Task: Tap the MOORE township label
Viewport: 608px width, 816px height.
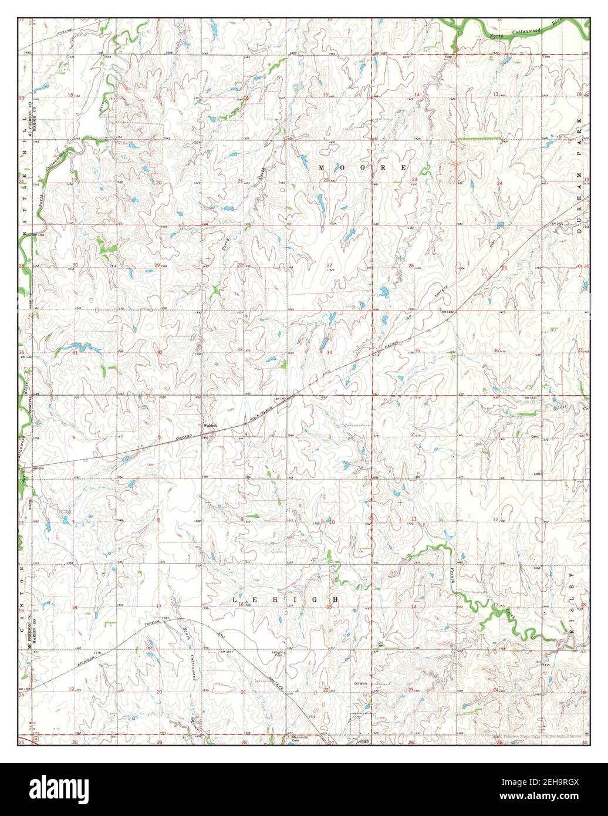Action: [x=363, y=168]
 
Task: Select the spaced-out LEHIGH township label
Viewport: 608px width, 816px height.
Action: [x=286, y=600]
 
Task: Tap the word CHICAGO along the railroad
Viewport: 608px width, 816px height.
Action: [x=186, y=438]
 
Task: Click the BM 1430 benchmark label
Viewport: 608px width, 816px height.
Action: [x=381, y=53]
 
